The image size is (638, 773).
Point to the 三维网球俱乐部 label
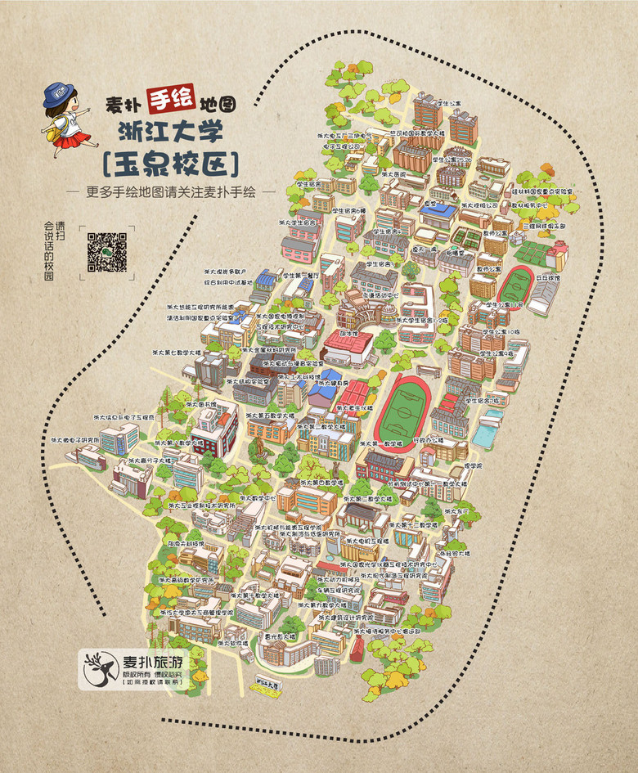point(538,224)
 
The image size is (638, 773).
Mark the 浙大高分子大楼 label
point(155,460)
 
